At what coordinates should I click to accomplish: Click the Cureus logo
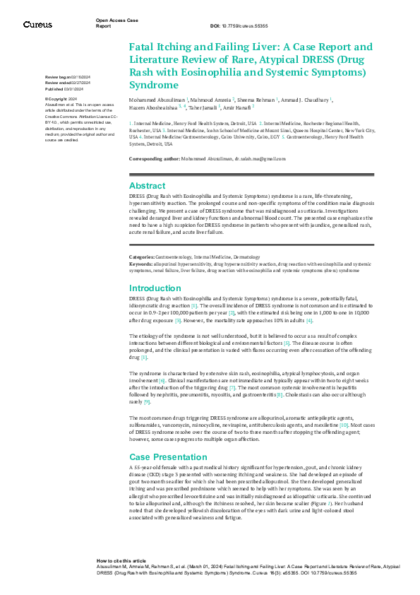point(37,25)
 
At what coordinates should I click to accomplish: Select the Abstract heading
point(147,184)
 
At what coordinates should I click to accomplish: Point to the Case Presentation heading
point(168,437)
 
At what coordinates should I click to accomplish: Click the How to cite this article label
point(121,559)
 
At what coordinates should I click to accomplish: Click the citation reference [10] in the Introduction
point(343,406)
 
